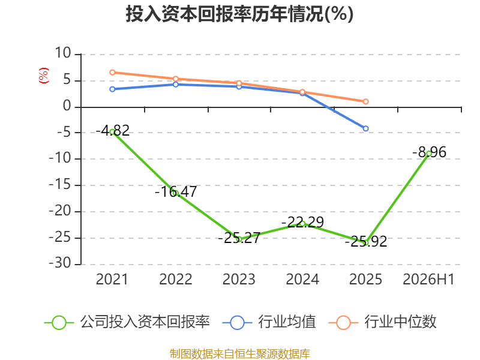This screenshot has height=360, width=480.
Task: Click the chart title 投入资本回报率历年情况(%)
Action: point(239,14)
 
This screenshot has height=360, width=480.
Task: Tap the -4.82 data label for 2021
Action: point(113,131)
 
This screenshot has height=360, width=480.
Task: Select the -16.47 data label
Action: point(176,191)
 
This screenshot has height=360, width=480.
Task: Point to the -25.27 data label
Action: point(239,238)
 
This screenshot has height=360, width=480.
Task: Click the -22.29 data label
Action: point(302,222)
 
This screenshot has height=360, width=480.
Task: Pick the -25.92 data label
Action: point(366,242)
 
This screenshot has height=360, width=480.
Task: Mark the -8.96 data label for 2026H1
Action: point(429,152)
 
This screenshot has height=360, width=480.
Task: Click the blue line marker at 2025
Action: point(365,128)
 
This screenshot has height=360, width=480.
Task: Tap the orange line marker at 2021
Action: point(112,72)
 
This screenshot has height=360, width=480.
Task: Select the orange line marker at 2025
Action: point(365,101)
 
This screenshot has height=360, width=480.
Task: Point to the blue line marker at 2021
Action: point(112,89)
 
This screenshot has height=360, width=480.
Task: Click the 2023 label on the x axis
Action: point(239,279)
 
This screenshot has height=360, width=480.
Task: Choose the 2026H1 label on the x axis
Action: point(428,279)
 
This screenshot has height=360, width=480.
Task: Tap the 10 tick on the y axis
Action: point(63,53)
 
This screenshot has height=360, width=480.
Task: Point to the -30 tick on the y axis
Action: point(60,263)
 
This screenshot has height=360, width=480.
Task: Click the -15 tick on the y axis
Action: point(60,184)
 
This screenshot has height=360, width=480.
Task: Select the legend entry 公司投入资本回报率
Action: point(127,322)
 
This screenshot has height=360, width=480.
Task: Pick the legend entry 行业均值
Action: point(269,322)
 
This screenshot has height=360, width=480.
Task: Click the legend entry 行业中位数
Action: point(383,322)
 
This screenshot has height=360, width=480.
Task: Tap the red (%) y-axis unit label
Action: point(43,76)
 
